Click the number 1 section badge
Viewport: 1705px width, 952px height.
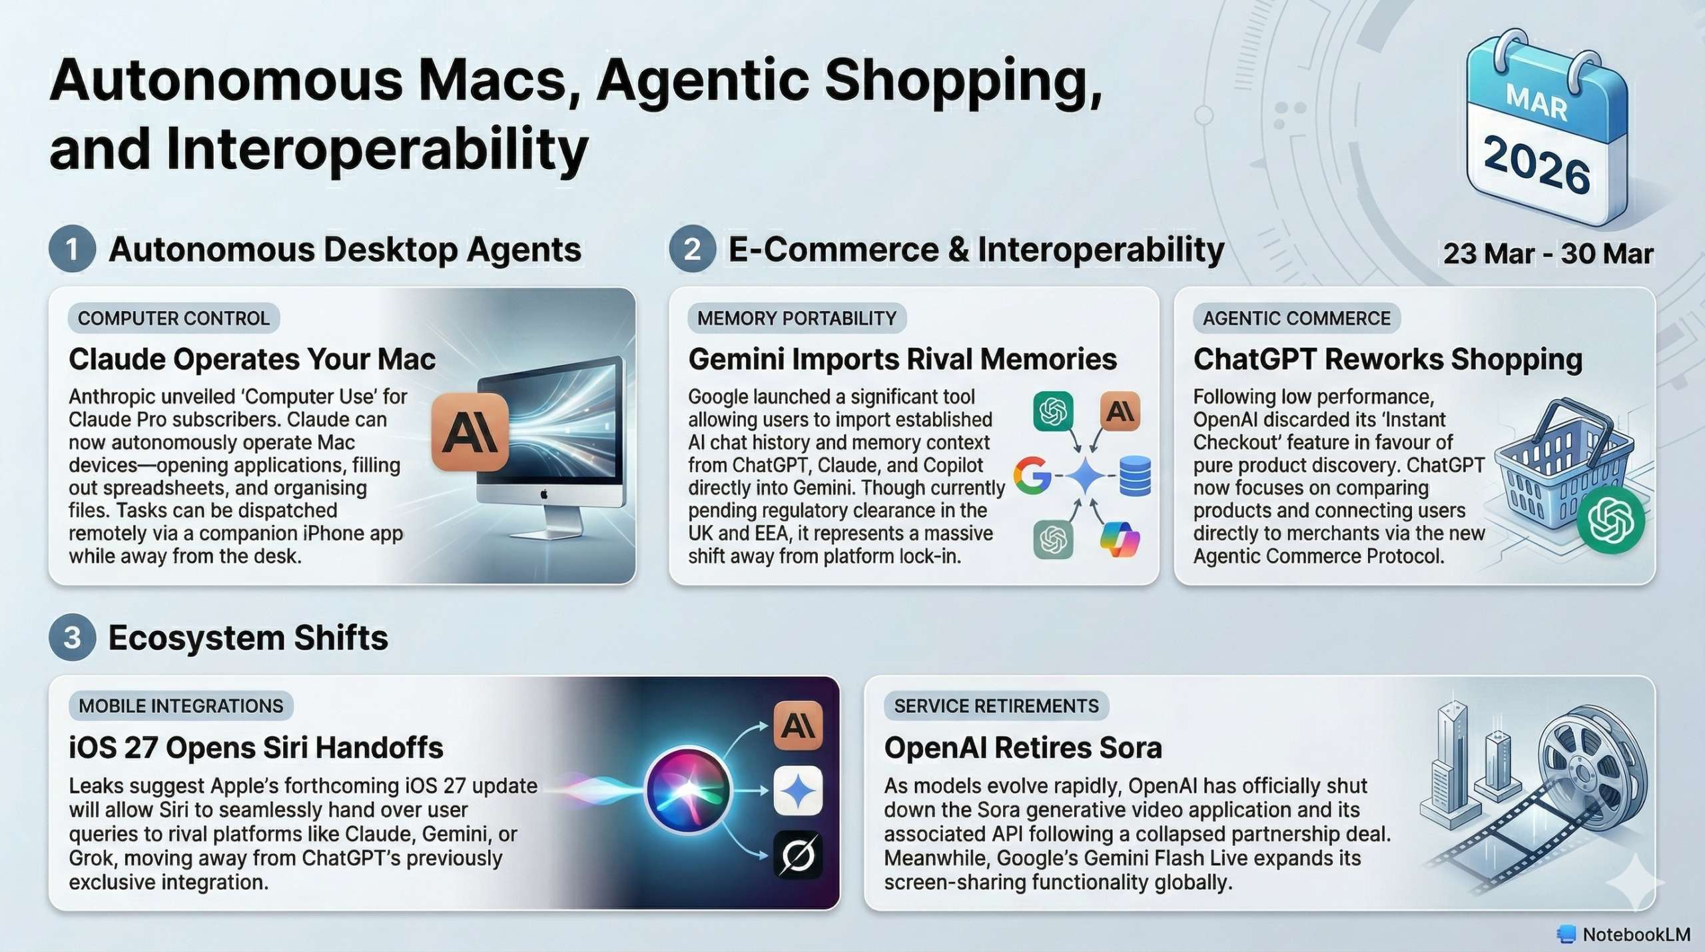[x=72, y=249]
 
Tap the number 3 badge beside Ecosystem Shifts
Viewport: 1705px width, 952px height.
[x=72, y=637]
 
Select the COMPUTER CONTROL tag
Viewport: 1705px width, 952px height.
[x=174, y=318]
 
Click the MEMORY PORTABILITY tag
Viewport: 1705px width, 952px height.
[x=797, y=318]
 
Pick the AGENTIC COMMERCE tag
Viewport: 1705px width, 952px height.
[x=1297, y=318]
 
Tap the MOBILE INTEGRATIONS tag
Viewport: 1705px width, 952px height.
[x=181, y=706]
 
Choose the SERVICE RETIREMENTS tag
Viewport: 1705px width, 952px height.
[x=996, y=706]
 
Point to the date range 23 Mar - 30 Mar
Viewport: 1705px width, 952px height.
[x=1548, y=254]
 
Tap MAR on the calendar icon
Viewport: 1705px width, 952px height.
[x=1536, y=103]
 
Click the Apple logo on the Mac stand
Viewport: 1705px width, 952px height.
[x=544, y=494]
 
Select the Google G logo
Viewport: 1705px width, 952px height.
[x=1032, y=475]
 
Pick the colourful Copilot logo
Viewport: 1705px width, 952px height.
[x=1120, y=540]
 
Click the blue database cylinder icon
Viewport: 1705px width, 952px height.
[x=1136, y=476]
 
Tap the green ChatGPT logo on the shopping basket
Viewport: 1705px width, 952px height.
[x=1610, y=520]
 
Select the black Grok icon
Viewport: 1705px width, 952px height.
[x=798, y=855]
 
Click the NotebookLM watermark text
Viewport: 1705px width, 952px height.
[x=1636, y=935]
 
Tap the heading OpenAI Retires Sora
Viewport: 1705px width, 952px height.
[x=1023, y=747]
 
